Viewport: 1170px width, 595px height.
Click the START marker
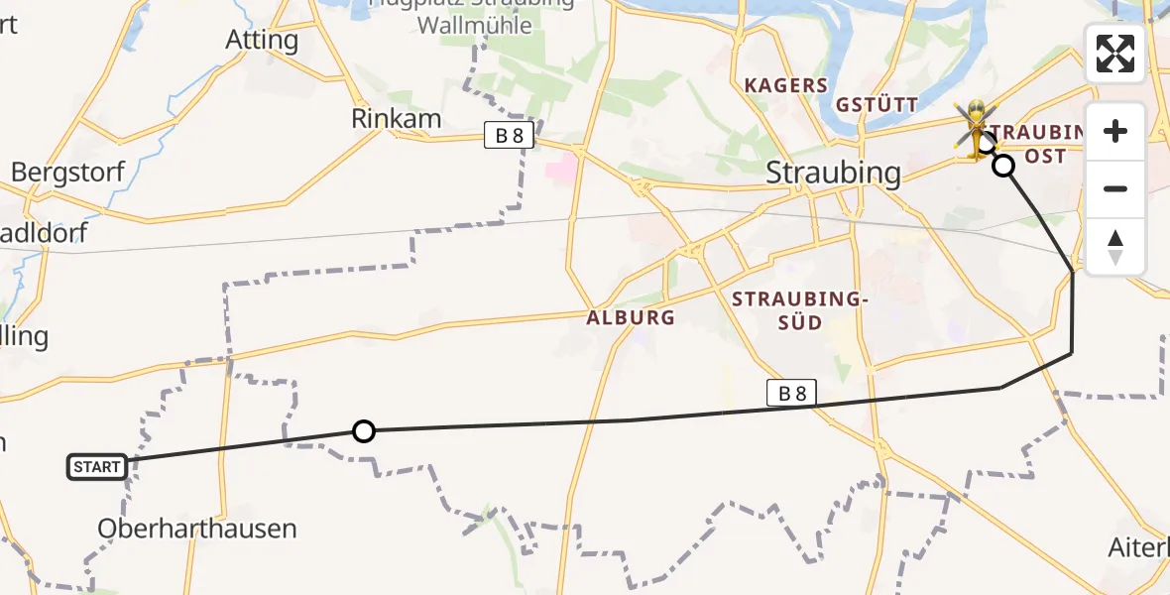pos(97,466)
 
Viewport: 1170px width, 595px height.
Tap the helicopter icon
pos(977,128)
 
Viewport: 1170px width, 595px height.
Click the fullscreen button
pos(1115,54)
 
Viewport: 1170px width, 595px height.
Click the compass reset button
pos(1115,247)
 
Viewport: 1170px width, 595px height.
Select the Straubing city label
pos(834,173)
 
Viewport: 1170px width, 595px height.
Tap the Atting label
pos(262,40)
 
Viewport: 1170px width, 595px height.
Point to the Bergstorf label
pos(67,172)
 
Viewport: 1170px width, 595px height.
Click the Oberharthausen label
pos(196,529)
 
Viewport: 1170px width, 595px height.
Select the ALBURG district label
pos(631,318)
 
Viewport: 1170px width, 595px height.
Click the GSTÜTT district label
pos(877,104)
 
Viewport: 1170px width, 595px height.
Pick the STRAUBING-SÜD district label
pos(799,309)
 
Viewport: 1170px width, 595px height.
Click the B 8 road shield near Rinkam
pos(510,135)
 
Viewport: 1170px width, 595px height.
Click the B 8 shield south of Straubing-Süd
pos(791,394)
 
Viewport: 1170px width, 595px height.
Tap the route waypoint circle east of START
pos(364,430)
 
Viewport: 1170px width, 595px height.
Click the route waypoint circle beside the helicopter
pos(1004,166)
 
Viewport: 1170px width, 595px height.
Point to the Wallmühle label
pos(474,25)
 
